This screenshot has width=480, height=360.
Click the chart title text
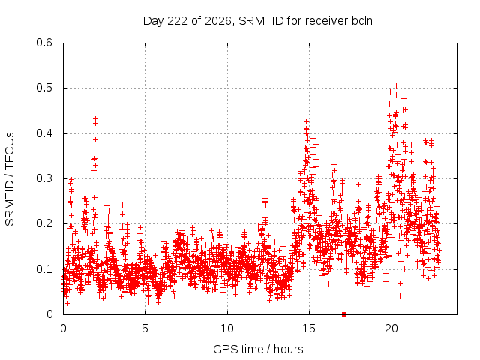tap(258, 21)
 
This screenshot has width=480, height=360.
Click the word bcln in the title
tap(362, 21)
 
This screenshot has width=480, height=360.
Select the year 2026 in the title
tap(218, 21)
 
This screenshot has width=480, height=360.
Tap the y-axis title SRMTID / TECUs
tap(10, 179)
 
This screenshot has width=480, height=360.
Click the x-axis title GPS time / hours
tap(258, 349)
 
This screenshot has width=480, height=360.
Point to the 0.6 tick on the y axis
tap(44, 43)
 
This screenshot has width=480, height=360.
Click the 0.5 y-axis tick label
tap(44, 88)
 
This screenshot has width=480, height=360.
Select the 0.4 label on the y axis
tap(44, 133)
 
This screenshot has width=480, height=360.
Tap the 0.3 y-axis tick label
tap(44, 178)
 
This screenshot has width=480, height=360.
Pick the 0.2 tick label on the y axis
tap(44, 223)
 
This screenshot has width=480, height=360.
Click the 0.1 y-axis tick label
tap(44, 269)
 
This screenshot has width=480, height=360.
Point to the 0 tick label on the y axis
tap(49, 314)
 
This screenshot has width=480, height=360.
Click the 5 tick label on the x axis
tap(145, 328)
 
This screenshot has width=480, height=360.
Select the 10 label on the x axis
tap(227, 328)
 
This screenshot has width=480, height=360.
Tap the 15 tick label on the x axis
tap(309, 328)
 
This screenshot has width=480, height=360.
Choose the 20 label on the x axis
tap(391, 328)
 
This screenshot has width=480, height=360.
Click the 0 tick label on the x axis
tap(63, 328)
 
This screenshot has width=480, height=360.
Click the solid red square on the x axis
tap(343, 314)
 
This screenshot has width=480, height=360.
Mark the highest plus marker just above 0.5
tap(397, 86)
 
